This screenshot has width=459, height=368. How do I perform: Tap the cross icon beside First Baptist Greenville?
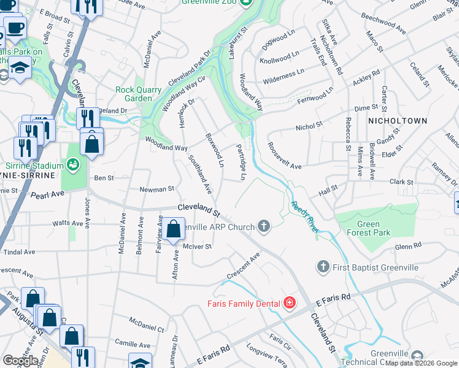click(323, 267)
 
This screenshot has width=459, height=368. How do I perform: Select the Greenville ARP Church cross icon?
click(264, 227)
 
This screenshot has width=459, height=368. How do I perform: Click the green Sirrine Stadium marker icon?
click(73, 166)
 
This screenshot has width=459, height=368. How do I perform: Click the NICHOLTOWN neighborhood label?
click(397, 121)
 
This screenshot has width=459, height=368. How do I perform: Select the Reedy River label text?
click(305, 217)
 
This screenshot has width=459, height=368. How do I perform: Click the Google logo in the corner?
click(20, 361)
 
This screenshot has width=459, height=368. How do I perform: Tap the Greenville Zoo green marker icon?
click(245, 3)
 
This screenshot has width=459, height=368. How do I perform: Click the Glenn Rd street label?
click(409, 247)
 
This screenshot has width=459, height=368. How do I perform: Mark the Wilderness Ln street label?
click(283, 75)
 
